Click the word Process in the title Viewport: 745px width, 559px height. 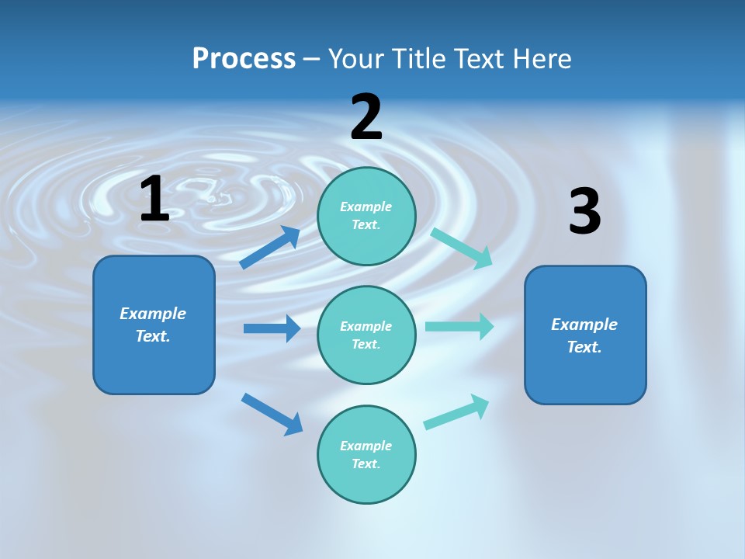pos(244,59)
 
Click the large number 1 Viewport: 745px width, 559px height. pos(154,199)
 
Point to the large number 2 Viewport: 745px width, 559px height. pos(366,117)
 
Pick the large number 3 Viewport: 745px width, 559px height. pos(584,212)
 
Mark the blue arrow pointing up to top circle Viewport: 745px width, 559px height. pos(270,248)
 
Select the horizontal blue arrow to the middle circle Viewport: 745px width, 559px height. pos(272,328)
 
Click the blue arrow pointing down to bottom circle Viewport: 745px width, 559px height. pos(272,414)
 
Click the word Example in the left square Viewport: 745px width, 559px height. pos(153,314)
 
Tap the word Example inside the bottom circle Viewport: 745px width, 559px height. pos(366,446)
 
